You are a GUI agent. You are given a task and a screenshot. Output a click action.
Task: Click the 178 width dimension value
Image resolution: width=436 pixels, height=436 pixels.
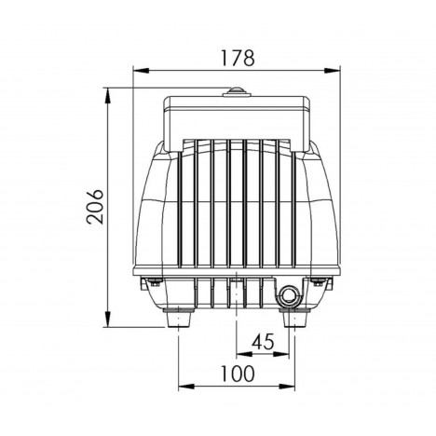tap(238, 58)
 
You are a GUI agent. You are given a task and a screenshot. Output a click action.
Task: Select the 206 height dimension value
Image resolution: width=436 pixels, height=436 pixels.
tap(95, 207)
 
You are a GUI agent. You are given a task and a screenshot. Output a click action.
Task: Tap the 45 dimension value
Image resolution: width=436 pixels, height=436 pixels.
tap(263, 342)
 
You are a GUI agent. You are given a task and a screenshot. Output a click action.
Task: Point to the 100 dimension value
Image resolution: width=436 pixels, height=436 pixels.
tap(238, 374)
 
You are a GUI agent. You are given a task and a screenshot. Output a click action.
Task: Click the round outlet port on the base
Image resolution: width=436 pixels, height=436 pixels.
tap(290, 294)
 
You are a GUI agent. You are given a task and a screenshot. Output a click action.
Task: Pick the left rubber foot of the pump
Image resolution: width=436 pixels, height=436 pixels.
tap(179, 318)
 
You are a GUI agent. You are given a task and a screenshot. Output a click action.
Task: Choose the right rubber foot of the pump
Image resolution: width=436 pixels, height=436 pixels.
tap(295, 318)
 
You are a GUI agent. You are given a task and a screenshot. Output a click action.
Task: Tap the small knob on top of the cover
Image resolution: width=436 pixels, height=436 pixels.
tap(237, 92)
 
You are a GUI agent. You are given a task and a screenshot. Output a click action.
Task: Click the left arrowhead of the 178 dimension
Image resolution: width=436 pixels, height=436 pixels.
tap(141, 71)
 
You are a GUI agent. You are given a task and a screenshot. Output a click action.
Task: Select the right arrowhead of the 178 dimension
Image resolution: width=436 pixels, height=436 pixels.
tap(332, 71)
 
